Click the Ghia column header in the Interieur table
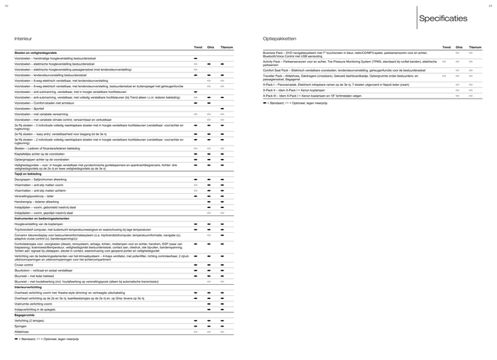210,48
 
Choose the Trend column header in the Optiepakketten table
446,48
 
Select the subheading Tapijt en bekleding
29,173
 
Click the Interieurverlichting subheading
30,286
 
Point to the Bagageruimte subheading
26,315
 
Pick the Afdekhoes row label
22,331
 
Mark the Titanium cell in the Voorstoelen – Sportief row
222,109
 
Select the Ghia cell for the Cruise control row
209,264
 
